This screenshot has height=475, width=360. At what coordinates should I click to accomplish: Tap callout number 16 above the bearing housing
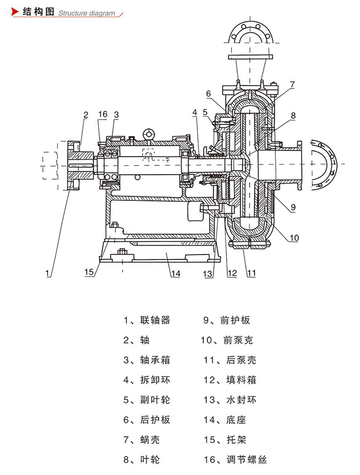pos(103,114)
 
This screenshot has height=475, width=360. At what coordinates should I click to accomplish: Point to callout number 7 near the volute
pos(292,84)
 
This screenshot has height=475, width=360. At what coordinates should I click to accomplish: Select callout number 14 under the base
pos(175,273)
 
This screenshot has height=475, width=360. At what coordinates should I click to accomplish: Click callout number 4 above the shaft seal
pos(195,112)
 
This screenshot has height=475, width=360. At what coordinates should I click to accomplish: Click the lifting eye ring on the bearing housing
pos(147,134)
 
